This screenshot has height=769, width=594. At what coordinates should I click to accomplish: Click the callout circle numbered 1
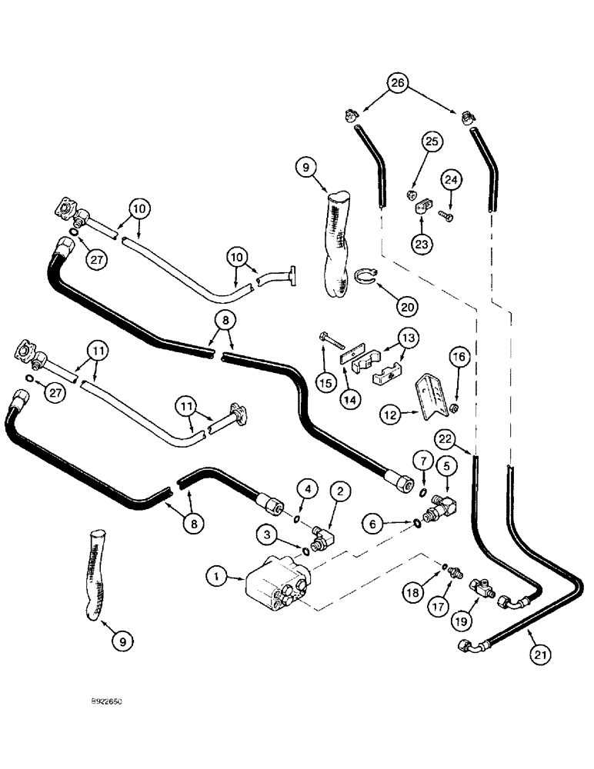[218, 574]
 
